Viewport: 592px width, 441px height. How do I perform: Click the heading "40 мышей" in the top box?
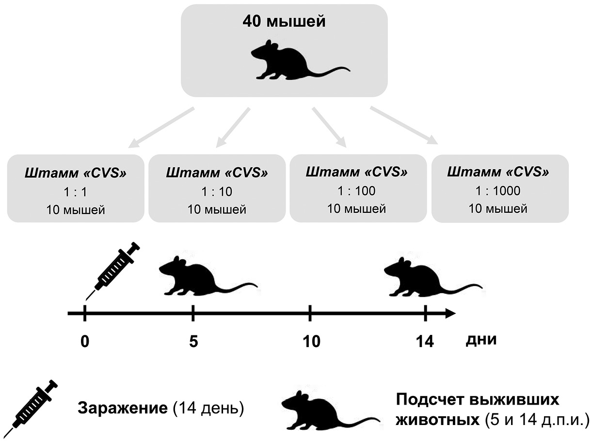285,22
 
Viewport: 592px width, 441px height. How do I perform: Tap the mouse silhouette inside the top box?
291,60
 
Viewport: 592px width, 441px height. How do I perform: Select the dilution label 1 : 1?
75,192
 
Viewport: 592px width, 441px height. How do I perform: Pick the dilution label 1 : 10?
216,192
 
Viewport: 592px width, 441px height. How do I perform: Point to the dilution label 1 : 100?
357,191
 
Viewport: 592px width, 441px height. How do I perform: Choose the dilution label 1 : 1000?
498,191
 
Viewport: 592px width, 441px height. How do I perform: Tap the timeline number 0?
85,341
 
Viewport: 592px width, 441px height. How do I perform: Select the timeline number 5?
193,341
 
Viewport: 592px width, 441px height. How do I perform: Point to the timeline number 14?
424,341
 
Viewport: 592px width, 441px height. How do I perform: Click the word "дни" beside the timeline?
481,339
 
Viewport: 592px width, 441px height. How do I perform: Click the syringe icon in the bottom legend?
33,406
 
